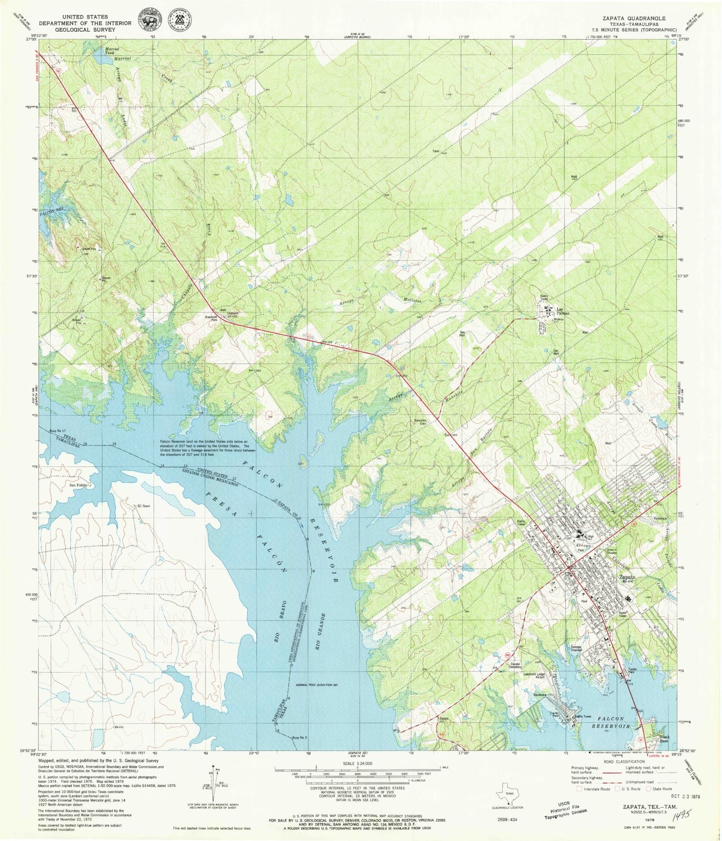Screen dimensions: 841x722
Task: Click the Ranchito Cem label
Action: [420, 422]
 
